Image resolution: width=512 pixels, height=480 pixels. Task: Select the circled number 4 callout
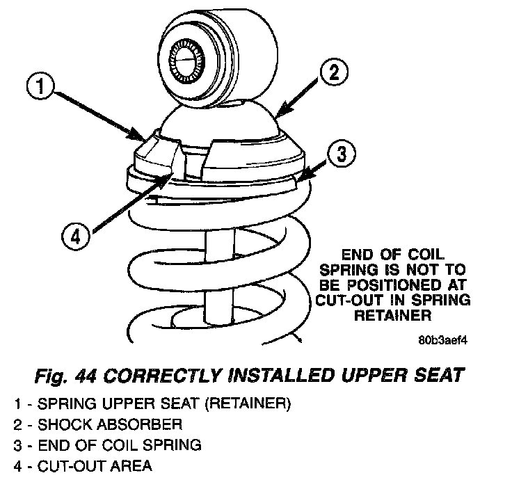(77, 237)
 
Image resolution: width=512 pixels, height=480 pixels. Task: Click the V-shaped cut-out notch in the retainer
(179, 161)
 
